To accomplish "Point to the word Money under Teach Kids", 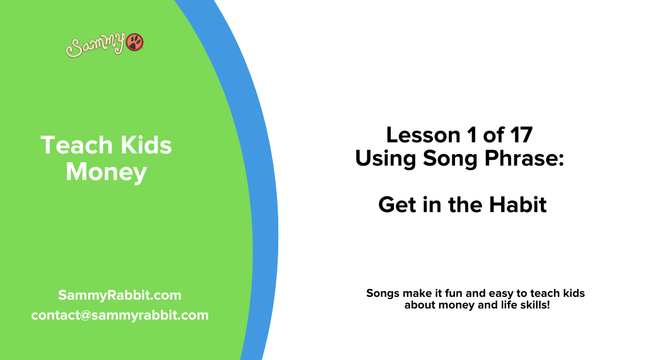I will click(106, 172).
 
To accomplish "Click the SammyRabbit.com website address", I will click(120, 295).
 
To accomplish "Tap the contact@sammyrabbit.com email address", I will click(120, 315).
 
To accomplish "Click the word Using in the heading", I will click(386, 159).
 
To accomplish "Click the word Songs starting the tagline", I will click(382, 294).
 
